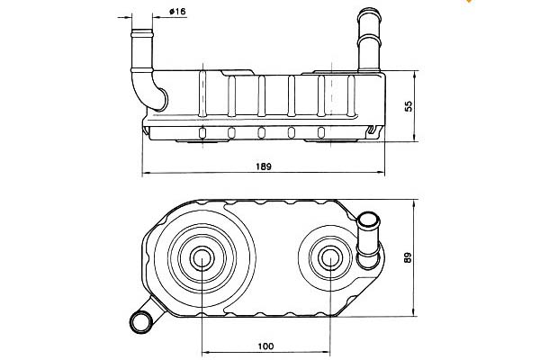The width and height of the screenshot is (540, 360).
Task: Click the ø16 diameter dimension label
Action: click(x=176, y=12)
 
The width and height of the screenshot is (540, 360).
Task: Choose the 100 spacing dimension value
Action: click(x=265, y=346)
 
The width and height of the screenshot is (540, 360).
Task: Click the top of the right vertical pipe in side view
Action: click(x=370, y=14)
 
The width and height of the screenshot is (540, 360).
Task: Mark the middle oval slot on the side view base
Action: click(x=261, y=133)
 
